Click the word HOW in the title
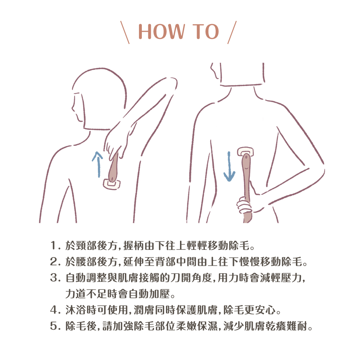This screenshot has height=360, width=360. [x=161, y=31]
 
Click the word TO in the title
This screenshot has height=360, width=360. [x=206, y=31]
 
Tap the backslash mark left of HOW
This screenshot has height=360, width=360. [x=125, y=32]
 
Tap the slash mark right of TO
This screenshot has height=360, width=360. [x=232, y=32]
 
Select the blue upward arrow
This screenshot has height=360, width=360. [x=98, y=164]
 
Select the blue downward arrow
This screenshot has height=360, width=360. [x=229, y=166]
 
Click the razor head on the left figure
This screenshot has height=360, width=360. [x=112, y=184]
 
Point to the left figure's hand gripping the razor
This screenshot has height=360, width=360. [x=115, y=142]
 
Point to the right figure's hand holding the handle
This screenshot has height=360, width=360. [x=244, y=205]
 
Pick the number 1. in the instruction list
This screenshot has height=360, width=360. [x=55, y=246]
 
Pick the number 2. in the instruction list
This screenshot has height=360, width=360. [x=55, y=262]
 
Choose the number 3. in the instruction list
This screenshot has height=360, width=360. [x=55, y=278]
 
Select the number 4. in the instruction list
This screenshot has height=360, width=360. [x=55, y=310]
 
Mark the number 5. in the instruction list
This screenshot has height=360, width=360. [x=55, y=326]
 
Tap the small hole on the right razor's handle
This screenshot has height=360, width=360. [x=246, y=158]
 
